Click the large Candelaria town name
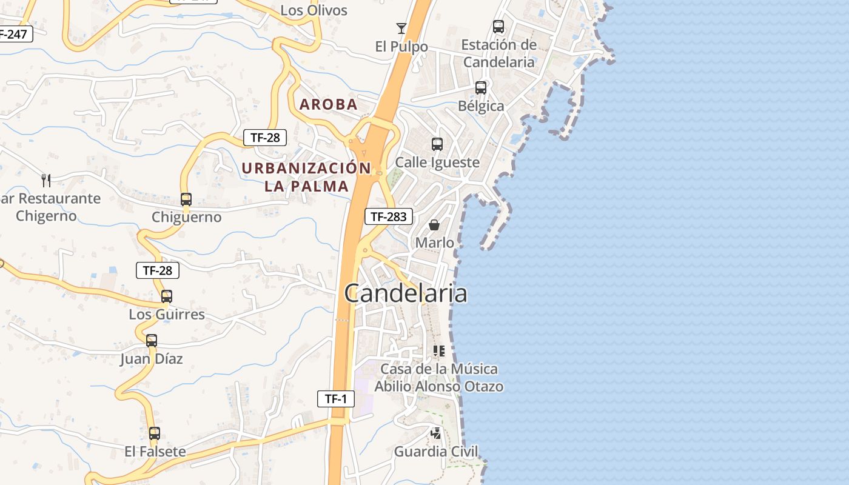click(406, 293)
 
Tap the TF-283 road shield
click(389, 216)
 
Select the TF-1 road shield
click(336, 399)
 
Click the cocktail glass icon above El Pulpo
click(401, 28)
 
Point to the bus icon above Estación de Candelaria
click(498, 27)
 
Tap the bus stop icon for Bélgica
click(481, 88)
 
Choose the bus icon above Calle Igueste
click(437, 144)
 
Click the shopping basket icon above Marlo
click(434, 225)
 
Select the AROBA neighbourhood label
click(329, 104)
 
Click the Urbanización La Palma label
click(306, 177)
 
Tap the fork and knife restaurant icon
click(46, 180)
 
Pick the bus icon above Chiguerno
click(186, 199)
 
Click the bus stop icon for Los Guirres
click(167, 296)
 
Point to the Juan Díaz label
click(152, 358)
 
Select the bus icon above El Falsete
click(155, 433)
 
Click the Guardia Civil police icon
click(436, 433)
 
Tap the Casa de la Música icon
click(438, 351)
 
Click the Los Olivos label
click(314, 10)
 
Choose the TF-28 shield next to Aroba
click(265, 138)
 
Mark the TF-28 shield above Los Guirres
click(158, 270)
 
